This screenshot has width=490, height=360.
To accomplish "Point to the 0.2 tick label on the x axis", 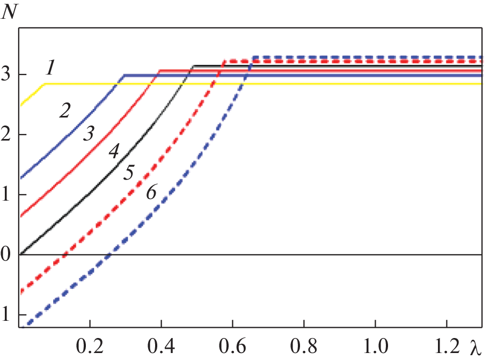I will [90, 345].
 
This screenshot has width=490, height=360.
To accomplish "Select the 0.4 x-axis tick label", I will [161, 345].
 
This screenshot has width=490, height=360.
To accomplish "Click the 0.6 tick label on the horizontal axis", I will [232, 345].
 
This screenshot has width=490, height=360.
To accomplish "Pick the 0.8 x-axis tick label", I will [304, 345].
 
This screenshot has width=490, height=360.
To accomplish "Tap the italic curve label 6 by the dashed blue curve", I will [151, 192].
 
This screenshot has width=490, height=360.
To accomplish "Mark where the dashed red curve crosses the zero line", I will [65, 254].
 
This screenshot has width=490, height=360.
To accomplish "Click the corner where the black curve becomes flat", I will [194, 66].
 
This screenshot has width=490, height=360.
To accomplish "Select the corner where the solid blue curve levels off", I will [123, 76].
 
